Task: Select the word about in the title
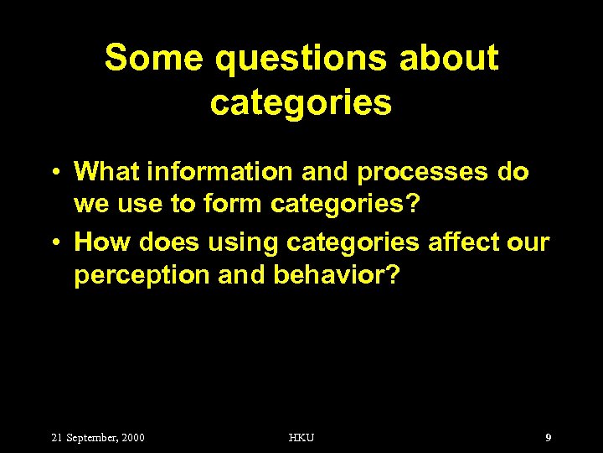pyautogui.click(x=449, y=59)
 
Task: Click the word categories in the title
pyautogui.click(x=301, y=102)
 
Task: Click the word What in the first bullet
pyautogui.click(x=106, y=172)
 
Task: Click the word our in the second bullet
pyautogui.click(x=530, y=242)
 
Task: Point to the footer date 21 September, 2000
pyautogui.click(x=98, y=437)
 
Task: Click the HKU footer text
pyautogui.click(x=301, y=437)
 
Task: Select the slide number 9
pyautogui.click(x=548, y=437)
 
